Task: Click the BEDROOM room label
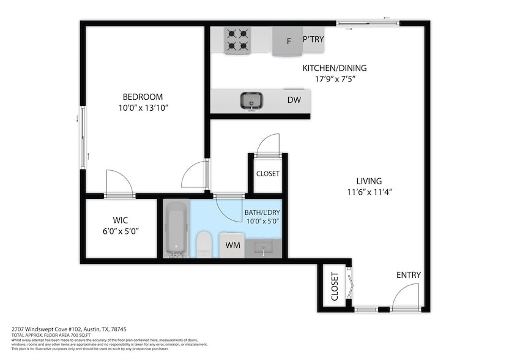(143, 97)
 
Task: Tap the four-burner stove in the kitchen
(237, 40)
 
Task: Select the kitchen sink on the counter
(251, 100)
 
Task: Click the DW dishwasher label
(293, 100)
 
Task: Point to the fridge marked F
(289, 42)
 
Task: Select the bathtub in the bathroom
(176, 229)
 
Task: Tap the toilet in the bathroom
(204, 244)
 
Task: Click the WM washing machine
(232, 245)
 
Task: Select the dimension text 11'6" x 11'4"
(370, 192)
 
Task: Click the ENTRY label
(408, 275)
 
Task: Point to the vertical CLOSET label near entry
(335, 287)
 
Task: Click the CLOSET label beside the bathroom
(267, 174)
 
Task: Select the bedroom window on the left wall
(83, 138)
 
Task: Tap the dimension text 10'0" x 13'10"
(143, 108)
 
